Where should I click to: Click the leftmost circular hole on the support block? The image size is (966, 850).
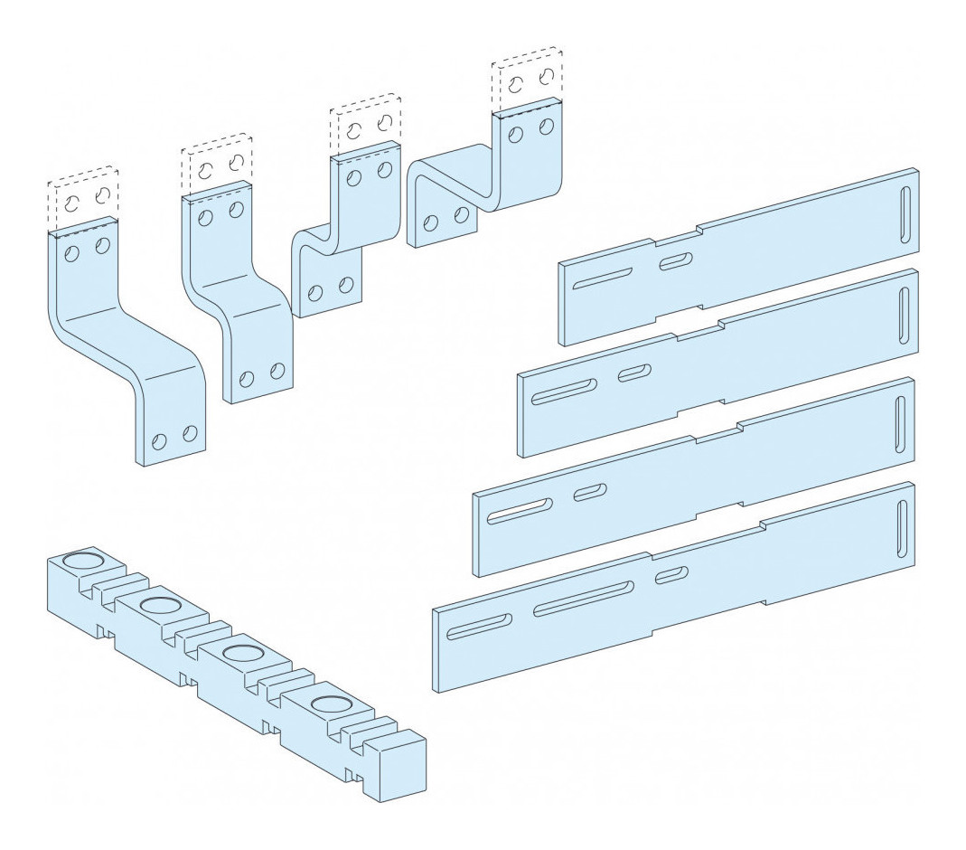(x=83, y=562)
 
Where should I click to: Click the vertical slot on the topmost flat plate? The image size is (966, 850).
(x=905, y=214)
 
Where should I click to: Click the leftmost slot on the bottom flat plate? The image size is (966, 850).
(x=478, y=625)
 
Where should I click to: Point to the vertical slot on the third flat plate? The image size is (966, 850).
(x=900, y=423)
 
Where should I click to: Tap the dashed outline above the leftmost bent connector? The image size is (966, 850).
(x=84, y=199)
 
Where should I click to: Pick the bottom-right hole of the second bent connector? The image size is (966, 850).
(x=277, y=370)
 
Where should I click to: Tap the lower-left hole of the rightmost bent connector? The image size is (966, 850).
(x=431, y=222)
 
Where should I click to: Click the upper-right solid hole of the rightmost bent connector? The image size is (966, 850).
(x=546, y=127)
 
